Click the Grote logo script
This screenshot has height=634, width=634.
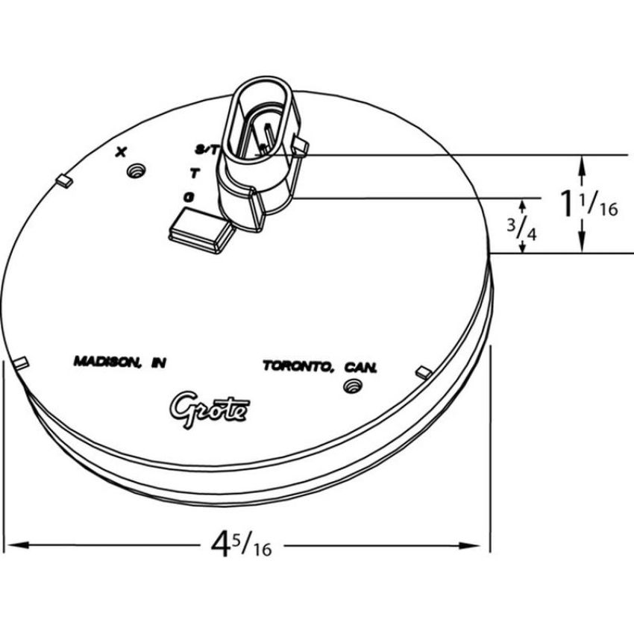[x=209, y=409]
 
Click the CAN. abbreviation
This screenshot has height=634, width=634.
[x=361, y=368]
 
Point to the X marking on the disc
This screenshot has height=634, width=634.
[x=121, y=152]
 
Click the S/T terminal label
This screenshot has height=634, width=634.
[x=207, y=151]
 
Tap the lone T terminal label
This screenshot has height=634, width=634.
[x=195, y=174]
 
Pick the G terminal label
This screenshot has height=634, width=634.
[x=189, y=198]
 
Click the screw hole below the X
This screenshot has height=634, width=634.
[x=136, y=171]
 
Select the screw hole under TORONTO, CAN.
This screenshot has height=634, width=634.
[x=352, y=386]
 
